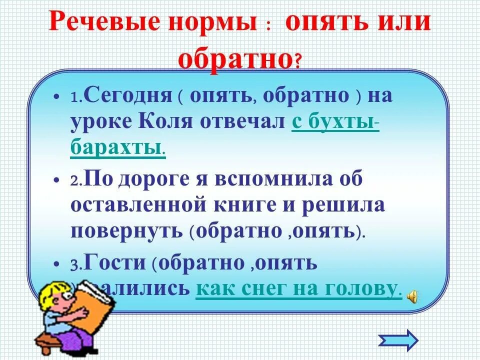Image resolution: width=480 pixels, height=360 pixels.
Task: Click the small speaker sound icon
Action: click(x=413, y=296)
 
